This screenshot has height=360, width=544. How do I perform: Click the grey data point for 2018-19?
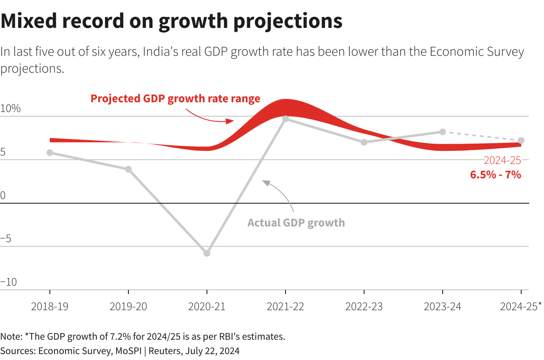point(50,153)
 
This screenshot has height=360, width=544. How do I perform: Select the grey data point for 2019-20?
point(128,169)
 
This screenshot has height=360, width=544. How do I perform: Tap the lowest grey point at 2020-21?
point(207,253)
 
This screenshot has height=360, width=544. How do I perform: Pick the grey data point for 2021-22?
point(286,119)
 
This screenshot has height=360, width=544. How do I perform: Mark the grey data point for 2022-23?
point(364,142)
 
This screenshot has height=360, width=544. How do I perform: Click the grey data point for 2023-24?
point(443,132)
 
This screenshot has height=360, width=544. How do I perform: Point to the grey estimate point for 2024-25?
point(521,140)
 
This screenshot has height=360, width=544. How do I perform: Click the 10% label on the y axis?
point(11,109)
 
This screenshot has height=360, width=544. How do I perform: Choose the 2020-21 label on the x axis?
point(207,306)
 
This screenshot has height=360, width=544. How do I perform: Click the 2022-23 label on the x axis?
point(364,306)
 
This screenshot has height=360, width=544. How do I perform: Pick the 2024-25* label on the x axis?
point(520,306)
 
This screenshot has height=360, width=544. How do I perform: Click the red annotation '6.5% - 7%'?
point(495,174)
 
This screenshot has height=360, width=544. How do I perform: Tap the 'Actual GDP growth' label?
point(296,223)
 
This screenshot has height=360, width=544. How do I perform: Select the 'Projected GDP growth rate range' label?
point(175,98)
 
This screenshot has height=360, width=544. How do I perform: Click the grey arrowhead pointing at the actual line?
point(266,182)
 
